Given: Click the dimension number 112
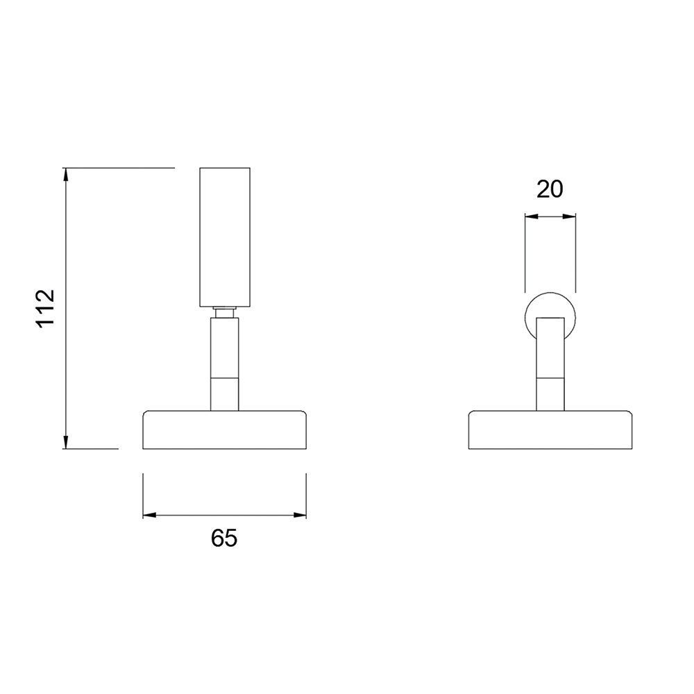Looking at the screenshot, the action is tap(45, 308).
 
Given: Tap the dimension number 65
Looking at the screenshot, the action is tap(224, 538).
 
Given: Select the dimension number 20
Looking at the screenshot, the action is tap(550, 189).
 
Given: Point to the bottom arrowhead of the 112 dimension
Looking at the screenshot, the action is tap(66, 442).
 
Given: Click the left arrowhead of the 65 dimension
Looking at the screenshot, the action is tap(150, 515).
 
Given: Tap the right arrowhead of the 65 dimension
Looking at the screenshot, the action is tap(300, 515).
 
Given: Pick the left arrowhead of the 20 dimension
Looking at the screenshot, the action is tap(532, 217).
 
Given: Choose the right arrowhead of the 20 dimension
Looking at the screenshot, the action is tap(569, 217).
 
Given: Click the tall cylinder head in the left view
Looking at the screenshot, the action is tap(225, 237).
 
